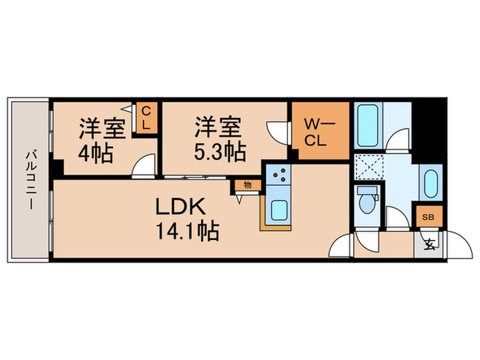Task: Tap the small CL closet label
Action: (x=146, y=118)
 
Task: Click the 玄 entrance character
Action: (x=429, y=243)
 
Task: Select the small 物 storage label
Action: (x=246, y=184)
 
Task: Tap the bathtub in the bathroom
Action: (x=369, y=125)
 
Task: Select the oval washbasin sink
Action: (x=429, y=183)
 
